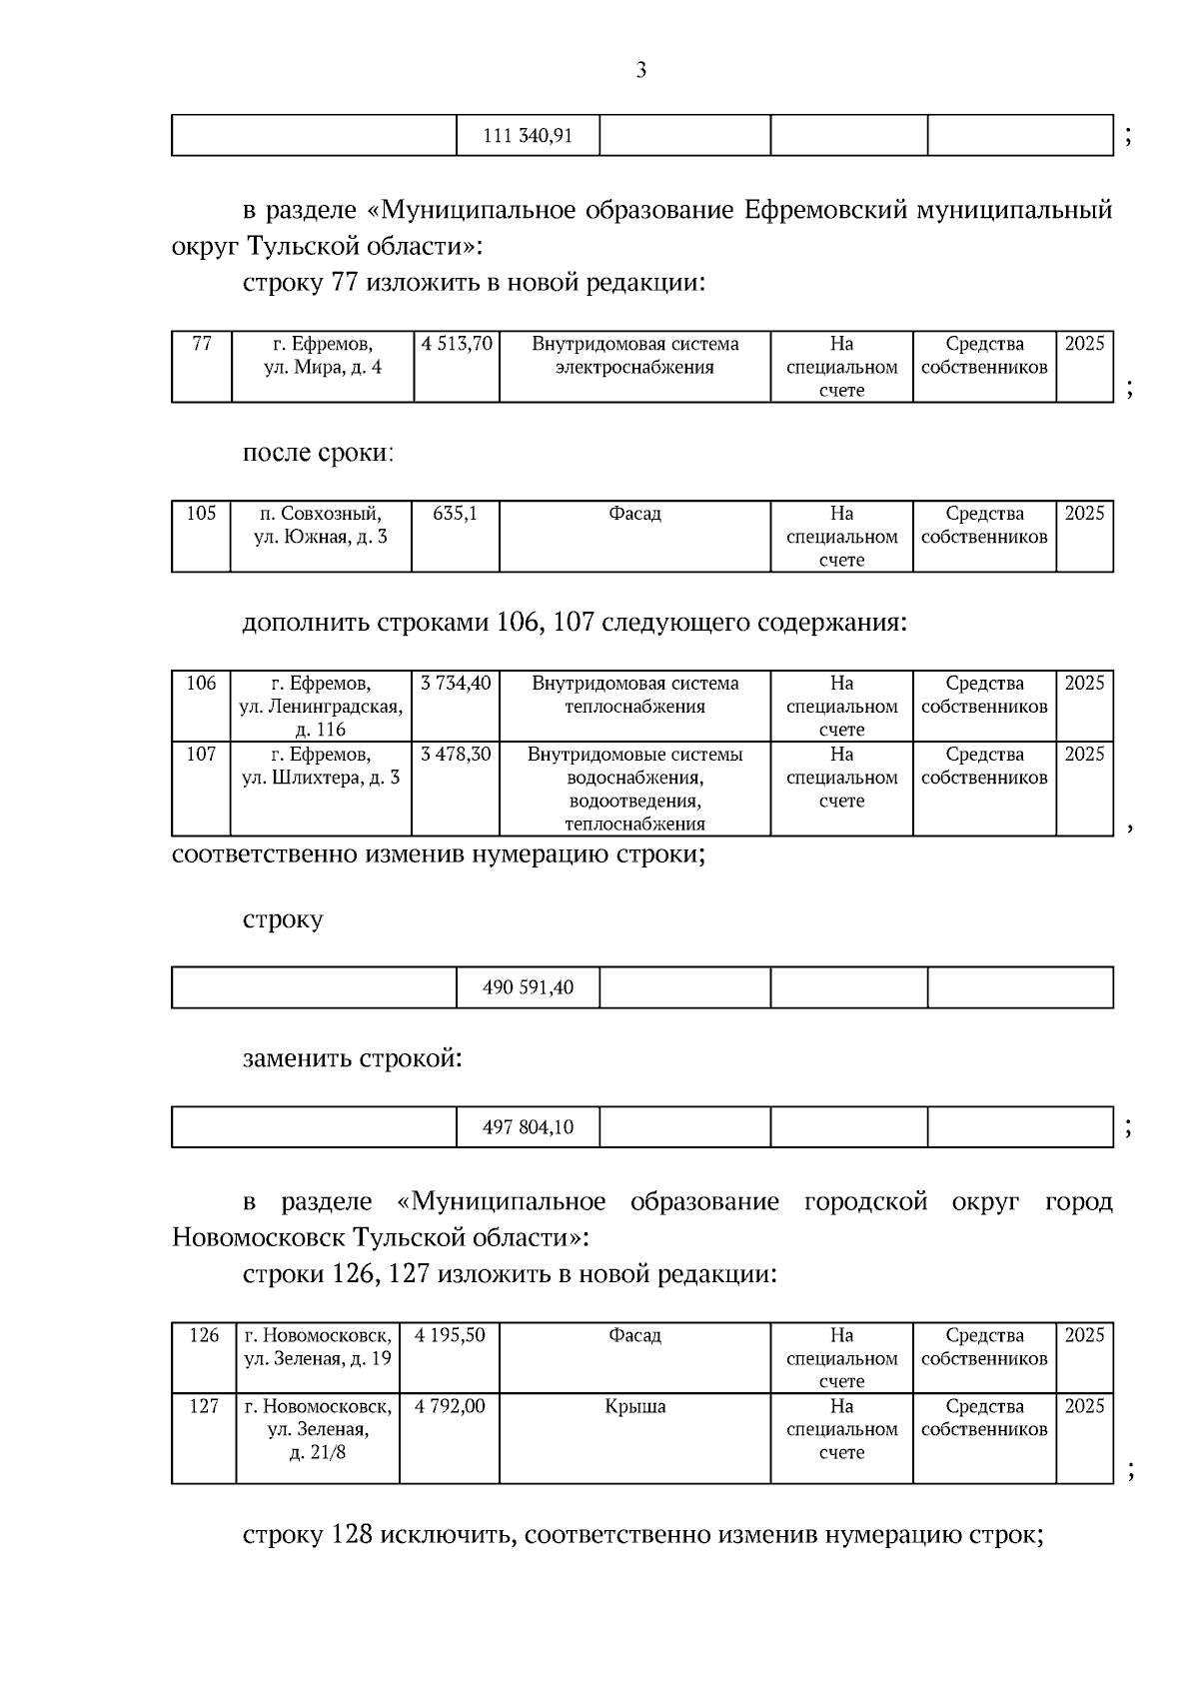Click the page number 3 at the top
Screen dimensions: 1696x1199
coord(640,70)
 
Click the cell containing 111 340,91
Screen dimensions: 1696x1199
coord(528,136)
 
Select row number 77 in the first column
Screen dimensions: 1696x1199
coord(202,344)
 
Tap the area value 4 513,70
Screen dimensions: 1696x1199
coord(457,344)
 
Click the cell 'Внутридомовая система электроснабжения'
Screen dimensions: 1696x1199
coord(634,356)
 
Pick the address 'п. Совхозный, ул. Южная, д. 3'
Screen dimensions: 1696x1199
coord(320,525)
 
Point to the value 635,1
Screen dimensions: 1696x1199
coord(455,514)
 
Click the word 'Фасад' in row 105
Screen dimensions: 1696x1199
coord(634,514)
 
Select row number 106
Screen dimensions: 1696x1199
coord(201,684)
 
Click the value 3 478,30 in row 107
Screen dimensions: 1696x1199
coord(456,755)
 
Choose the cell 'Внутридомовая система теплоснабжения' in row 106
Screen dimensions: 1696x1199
coord(634,695)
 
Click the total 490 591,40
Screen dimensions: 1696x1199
coord(528,987)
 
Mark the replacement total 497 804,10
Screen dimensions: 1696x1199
coord(528,1127)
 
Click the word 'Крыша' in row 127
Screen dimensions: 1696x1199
coord(634,1407)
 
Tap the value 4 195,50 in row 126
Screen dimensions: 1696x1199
coord(450,1336)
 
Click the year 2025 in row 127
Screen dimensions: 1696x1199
coord(1084,1407)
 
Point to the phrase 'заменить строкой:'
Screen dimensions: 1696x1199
coord(353,1058)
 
